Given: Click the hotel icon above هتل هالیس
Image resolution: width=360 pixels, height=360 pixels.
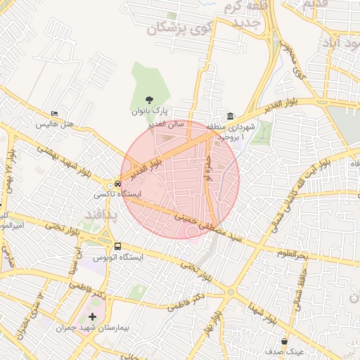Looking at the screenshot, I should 55,114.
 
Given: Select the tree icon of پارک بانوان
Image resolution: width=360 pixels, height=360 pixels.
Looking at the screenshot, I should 148,101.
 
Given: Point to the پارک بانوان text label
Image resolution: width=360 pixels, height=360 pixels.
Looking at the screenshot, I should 148,111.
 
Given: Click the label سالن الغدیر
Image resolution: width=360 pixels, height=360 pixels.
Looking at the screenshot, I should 166,124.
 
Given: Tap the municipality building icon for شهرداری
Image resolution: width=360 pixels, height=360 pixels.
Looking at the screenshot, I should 231,116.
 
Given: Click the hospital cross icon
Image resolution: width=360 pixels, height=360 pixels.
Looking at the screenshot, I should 92,317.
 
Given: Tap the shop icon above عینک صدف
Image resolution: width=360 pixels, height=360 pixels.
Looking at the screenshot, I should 284,341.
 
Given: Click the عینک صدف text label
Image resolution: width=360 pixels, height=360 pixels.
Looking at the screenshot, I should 285,351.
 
